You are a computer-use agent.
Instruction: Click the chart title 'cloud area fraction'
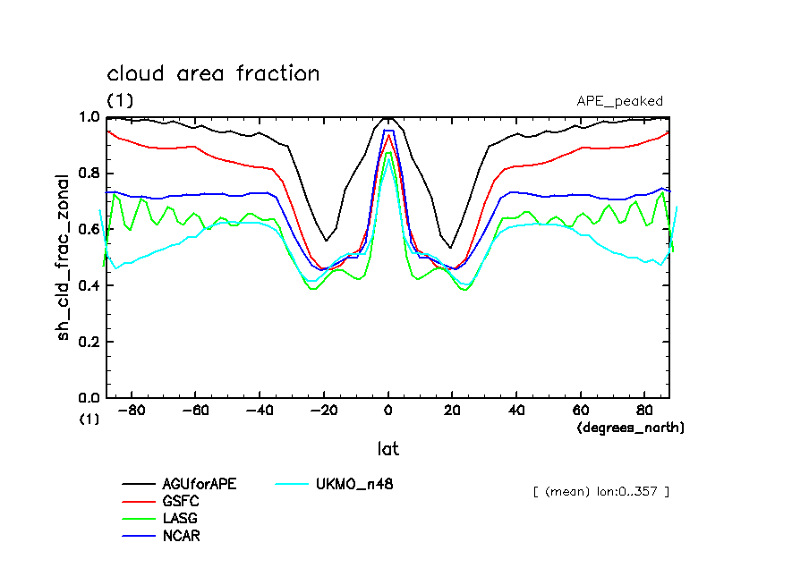(x=213, y=73)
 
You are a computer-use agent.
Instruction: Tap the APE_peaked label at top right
(x=619, y=101)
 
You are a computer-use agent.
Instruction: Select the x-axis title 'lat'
(x=387, y=448)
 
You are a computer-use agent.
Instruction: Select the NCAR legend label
(x=181, y=536)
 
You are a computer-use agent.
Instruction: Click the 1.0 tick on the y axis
(x=89, y=117)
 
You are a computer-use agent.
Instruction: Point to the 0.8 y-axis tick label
(x=89, y=174)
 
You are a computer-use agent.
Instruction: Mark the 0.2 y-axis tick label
(x=89, y=342)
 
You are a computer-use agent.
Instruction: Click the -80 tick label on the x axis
(x=133, y=411)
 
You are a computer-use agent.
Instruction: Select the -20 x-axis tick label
(x=324, y=411)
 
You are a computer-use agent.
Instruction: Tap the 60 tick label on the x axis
(x=580, y=411)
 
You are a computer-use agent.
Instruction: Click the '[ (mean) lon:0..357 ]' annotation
(x=600, y=491)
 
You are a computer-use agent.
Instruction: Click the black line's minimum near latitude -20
(x=326, y=241)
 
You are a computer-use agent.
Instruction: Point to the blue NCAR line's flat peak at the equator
(x=388, y=131)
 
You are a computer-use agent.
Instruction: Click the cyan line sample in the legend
(x=292, y=484)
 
